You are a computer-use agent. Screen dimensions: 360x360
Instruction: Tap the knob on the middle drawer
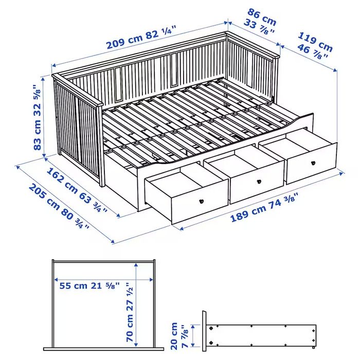259,181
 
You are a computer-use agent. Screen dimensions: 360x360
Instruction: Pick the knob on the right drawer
312,164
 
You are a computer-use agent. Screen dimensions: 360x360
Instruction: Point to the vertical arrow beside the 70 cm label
136,303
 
